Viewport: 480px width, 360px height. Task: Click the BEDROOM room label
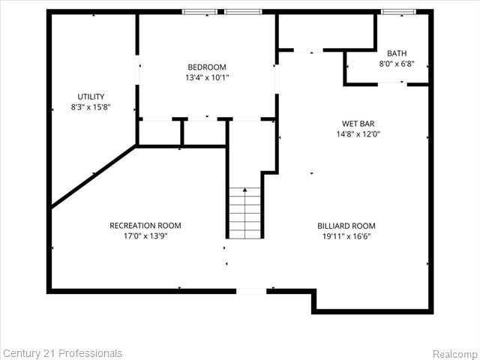[x=207, y=67]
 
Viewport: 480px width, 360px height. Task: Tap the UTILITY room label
[x=91, y=97]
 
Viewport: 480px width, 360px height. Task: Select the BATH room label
[x=397, y=53]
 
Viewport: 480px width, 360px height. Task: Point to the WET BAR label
[x=358, y=124]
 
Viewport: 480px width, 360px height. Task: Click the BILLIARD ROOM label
[x=346, y=226]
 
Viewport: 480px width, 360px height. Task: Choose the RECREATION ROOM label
[x=145, y=226]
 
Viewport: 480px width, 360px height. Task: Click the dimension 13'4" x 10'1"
[x=207, y=77]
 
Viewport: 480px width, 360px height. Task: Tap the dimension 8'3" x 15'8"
[x=91, y=107]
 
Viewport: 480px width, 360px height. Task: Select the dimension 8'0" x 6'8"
[x=397, y=64]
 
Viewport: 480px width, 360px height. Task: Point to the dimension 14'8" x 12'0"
[x=358, y=134]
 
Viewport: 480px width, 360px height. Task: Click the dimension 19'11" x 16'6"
[x=346, y=236]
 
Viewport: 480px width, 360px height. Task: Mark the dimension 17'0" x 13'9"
[x=145, y=236]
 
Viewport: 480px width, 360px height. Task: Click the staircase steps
[x=245, y=213]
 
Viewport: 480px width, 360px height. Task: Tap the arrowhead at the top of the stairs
[x=245, y=190]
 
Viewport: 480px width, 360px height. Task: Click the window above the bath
[x=398, y=12]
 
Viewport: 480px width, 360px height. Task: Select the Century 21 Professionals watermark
[x=62, y=353]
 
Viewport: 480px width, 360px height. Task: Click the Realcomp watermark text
[x=455, y=354]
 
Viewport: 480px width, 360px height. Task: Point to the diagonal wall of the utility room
[x=93, y=176]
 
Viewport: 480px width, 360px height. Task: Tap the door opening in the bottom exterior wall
[x=251, y=291]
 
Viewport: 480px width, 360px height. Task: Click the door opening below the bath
[x=392, y=83]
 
